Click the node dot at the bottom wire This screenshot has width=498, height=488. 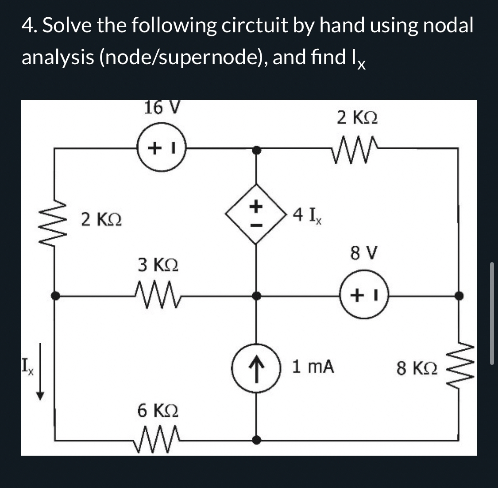pos(256,440)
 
